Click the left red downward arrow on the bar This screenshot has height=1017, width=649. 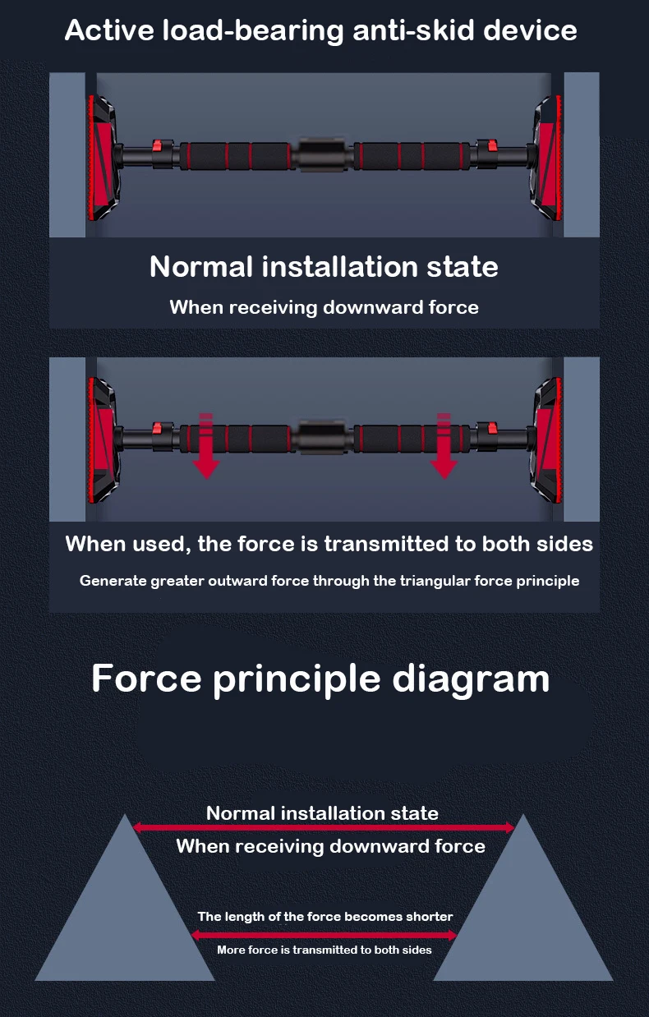pyautogui.click(x=206, y=448)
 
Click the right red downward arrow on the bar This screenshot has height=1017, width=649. pyautogui.click(x=444, y=448)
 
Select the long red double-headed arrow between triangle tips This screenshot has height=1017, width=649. pyautogui.click(x=324, y=828)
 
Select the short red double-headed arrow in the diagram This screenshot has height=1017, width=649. pyautogui.click(x=324, y=934)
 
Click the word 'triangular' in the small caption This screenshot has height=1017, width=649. pyautogui.click(x=435, y=581)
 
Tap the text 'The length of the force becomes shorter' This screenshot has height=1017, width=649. pyautogui.click(x=324, y=916)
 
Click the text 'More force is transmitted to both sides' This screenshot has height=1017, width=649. pyautogui.click(x=324, y=950)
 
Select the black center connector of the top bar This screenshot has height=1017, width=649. pyautogui.click(x=320, y=154)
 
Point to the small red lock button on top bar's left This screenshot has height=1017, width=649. pyautogui.click(x=156, y=146)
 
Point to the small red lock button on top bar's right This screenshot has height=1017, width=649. pyautogui.click(x=492, y=146)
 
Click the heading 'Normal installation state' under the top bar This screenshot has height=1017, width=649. pyautogui.click(x=324, y=267)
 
